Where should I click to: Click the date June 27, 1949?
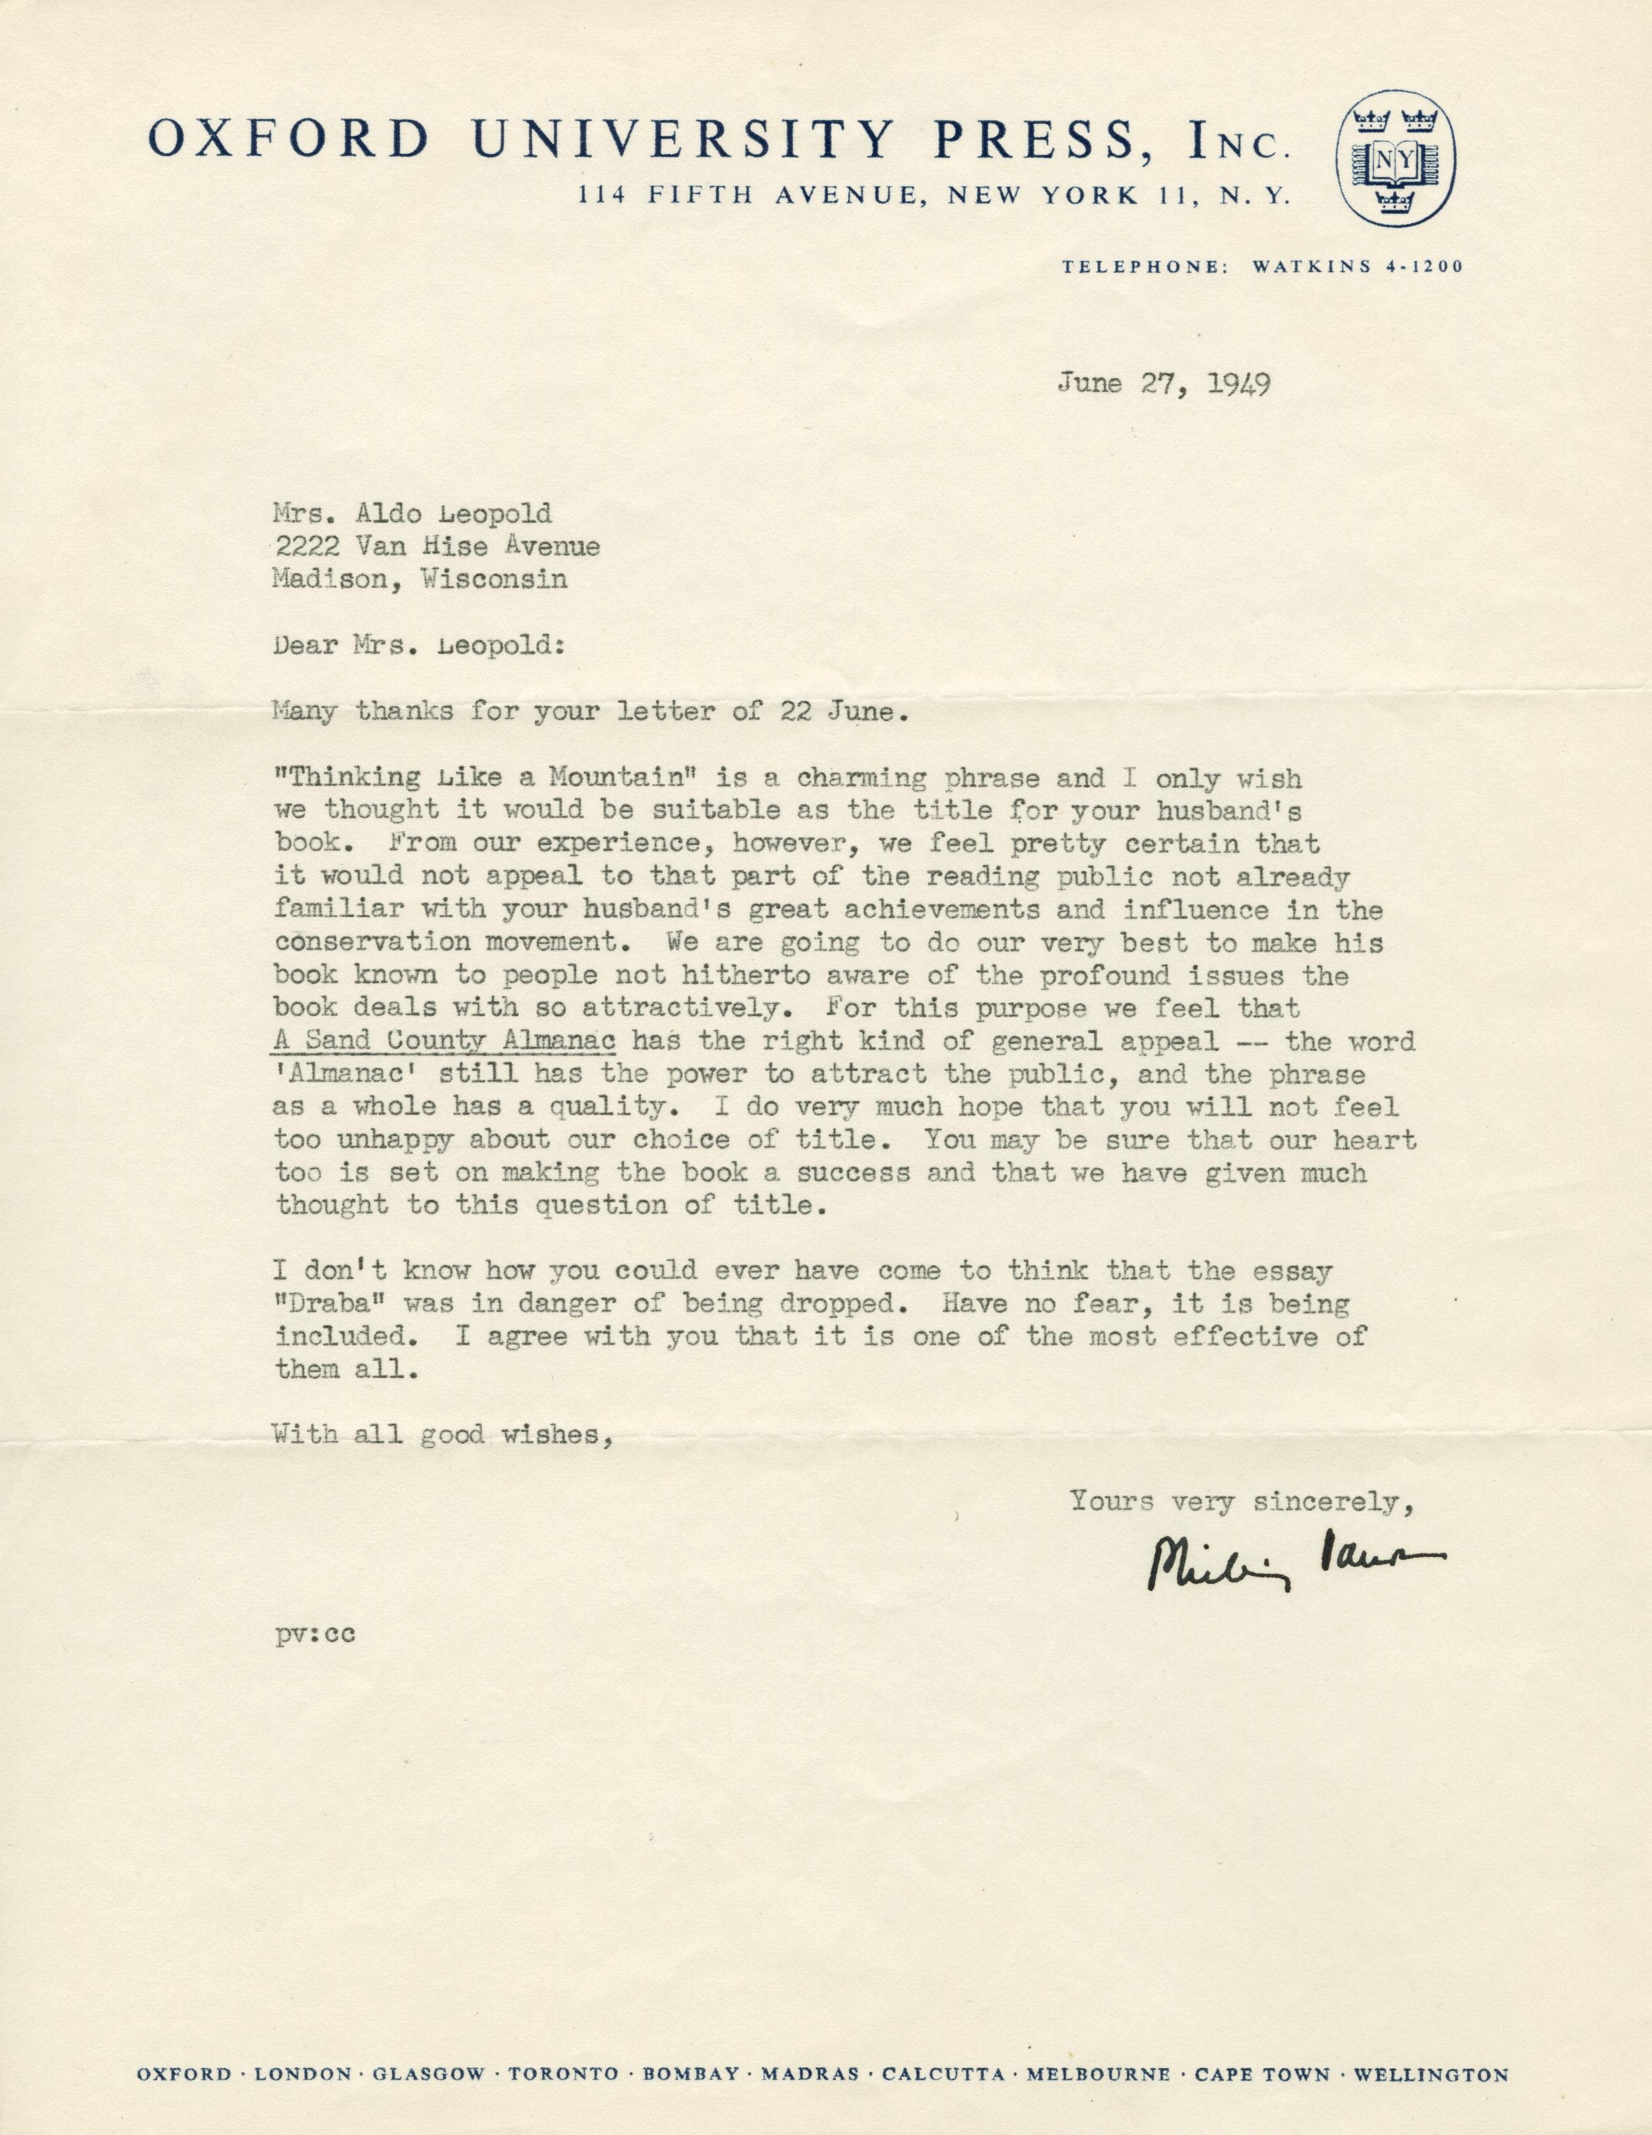[x=1162, y=384]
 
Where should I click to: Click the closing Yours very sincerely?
[x=1242, y=1500]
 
